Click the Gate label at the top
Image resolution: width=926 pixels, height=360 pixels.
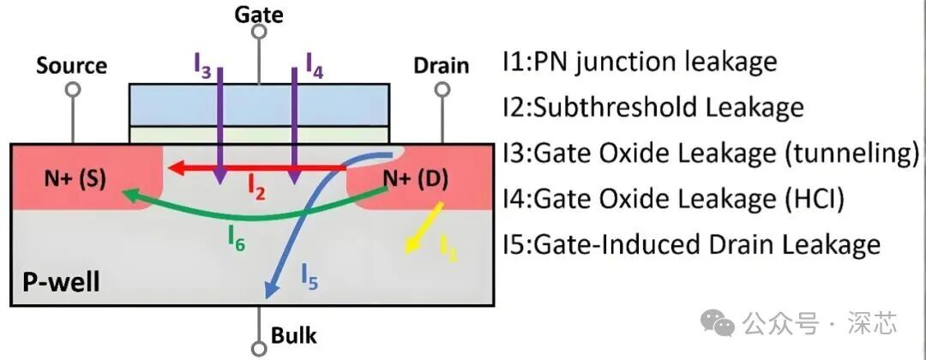click(x=258, y=15)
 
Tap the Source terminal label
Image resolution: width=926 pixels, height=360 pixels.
click(x=71, y=66)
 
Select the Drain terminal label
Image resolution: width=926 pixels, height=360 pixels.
click(x=441, y=66)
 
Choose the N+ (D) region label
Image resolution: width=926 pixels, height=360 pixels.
click(x=415, y=180)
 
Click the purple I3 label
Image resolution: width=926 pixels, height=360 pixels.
click(x=202, y=67)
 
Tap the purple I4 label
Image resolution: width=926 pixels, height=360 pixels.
click(x=314, y=67)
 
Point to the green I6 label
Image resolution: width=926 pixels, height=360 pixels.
click(x=236, y=243)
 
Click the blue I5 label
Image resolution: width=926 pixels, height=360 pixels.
click(x=309, y=276)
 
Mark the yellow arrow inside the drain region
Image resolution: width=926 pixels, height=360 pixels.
click(x=426, y=227)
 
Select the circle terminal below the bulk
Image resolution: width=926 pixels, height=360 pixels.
click(x=258, y=348)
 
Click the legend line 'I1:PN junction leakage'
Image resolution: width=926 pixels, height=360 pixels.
click(x=640, y=63)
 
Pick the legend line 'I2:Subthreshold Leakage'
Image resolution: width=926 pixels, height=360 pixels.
click(x=653, y=108)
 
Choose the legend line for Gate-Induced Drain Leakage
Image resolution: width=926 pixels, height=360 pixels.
click(x=691, y=245)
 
